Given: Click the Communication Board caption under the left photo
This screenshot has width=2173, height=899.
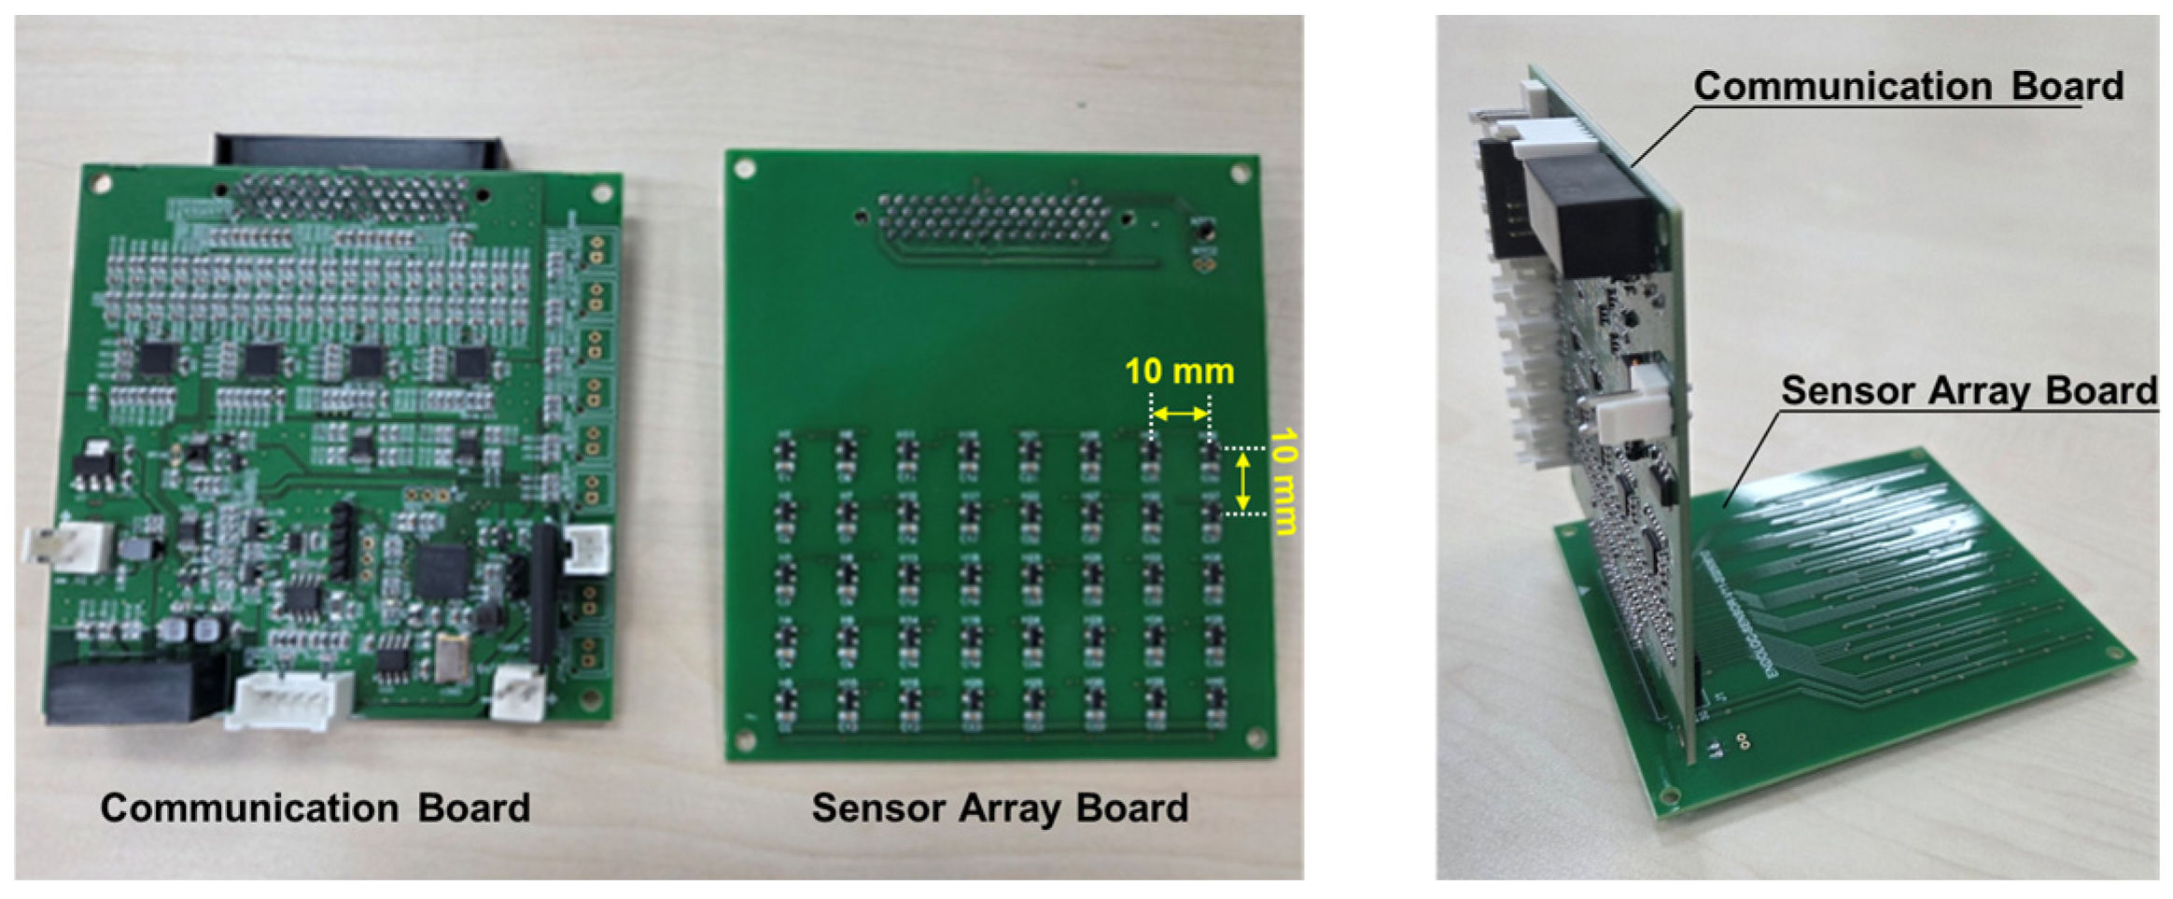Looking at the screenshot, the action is coord(315,808).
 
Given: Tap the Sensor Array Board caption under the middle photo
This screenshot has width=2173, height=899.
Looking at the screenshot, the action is coord(1000,808).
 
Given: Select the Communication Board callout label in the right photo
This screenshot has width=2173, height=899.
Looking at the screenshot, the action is coord(1909,86).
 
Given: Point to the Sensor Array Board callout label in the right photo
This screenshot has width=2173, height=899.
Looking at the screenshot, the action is coord(1970,390).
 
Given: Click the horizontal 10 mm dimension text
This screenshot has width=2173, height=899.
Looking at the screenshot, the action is coord(1179,372).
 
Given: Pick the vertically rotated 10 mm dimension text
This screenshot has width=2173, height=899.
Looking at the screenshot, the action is coord(1284,482).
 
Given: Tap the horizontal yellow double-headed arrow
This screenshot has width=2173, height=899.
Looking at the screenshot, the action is coord(1180,414).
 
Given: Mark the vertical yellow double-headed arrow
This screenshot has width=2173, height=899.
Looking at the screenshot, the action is coord(1242,481).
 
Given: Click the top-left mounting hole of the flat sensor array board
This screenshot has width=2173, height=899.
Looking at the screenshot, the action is coord(744,169).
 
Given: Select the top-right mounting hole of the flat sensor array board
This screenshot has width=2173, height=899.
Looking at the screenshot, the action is coord(1241,174).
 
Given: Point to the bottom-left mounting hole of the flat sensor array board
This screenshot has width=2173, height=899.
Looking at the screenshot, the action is coord(745,739).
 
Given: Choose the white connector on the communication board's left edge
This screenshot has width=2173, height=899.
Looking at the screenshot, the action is coord(67,545).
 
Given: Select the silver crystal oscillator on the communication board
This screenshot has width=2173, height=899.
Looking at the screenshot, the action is coord(452,655).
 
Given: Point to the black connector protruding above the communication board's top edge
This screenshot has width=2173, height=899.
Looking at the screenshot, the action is coord(359,151).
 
